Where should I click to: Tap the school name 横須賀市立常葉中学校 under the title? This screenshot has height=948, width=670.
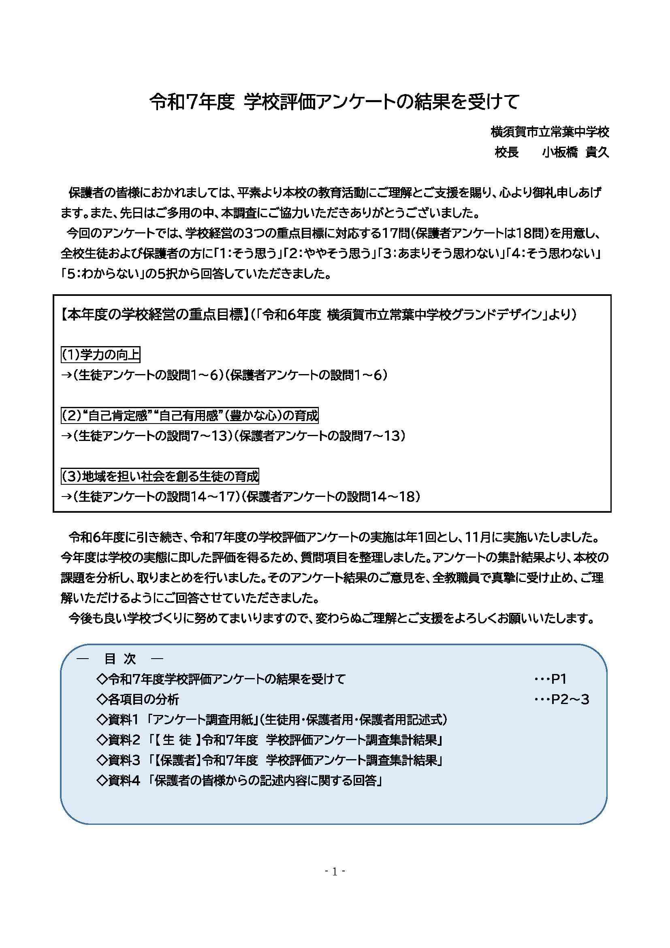550,133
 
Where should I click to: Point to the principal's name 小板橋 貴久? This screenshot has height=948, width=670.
575,153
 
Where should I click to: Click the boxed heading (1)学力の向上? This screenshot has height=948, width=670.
101,355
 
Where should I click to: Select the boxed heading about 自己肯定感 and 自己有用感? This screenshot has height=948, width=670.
190,415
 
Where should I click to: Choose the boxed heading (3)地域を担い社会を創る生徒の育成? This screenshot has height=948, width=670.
160,477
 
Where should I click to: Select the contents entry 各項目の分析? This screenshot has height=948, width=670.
138,700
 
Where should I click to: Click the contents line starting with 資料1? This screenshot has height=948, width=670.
272,720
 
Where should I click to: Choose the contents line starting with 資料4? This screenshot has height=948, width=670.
240,781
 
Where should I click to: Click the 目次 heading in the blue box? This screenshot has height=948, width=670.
120,659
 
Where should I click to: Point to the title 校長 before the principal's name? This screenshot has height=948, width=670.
507,153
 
